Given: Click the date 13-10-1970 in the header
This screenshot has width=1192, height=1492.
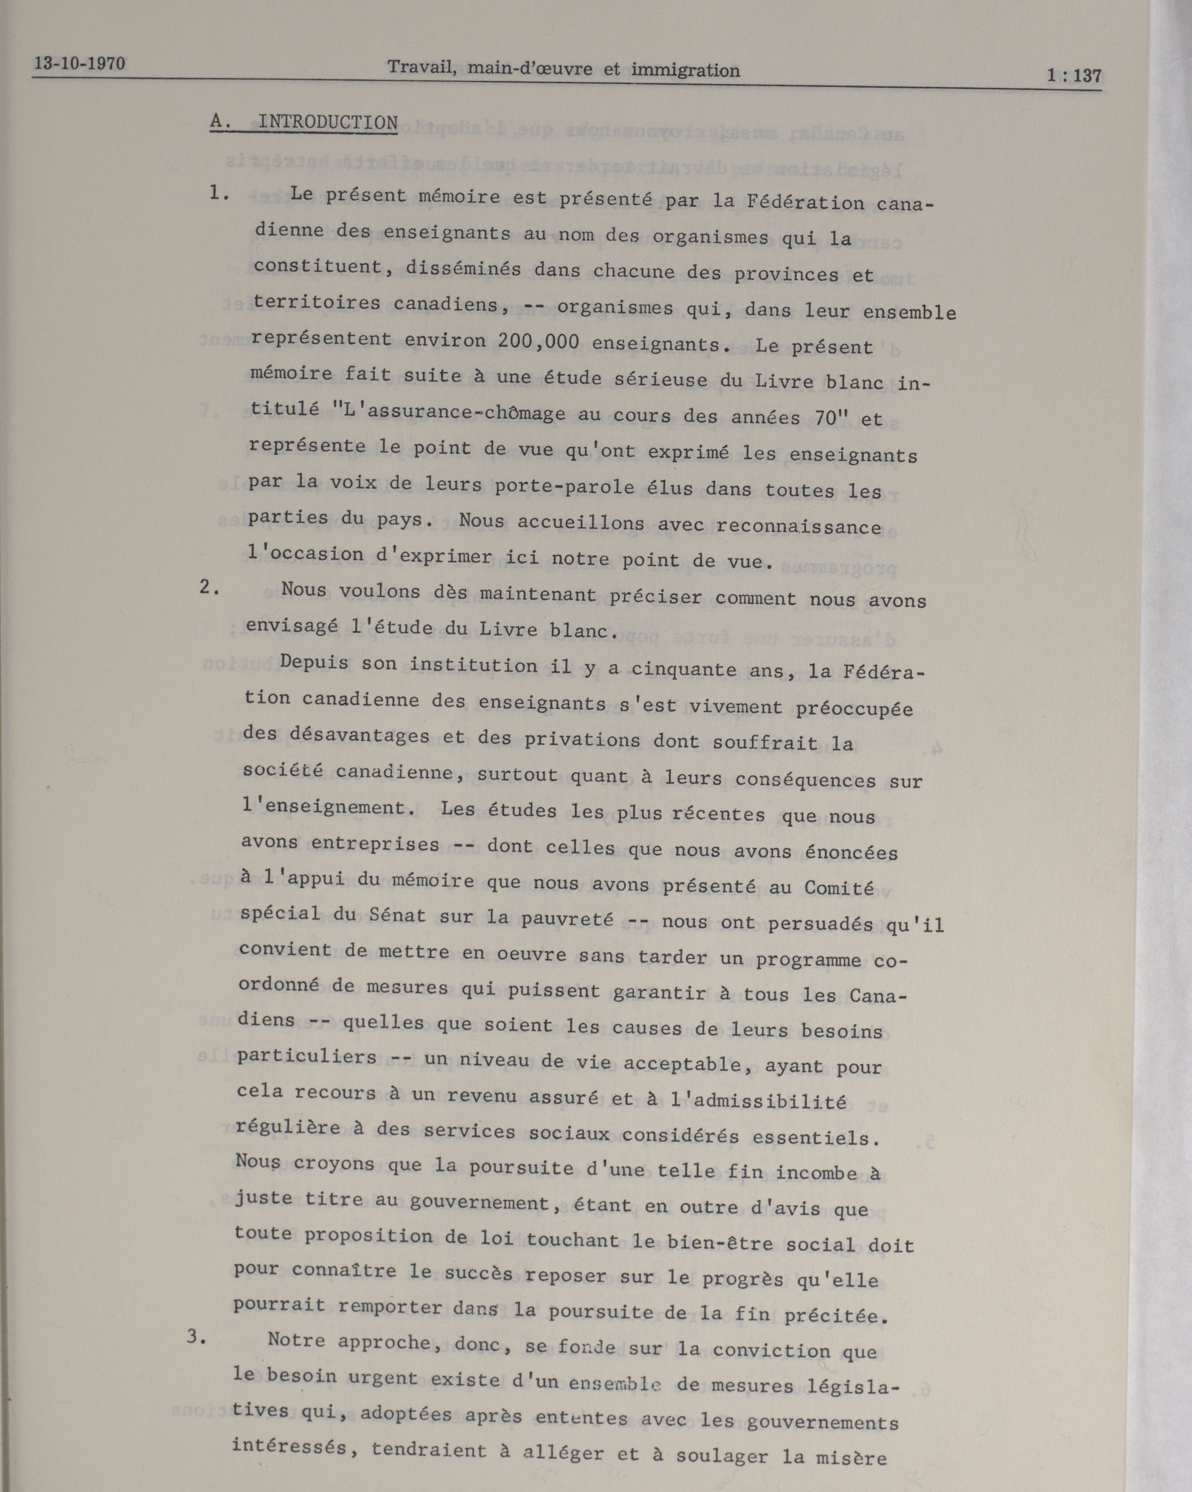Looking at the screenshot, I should [80, 65].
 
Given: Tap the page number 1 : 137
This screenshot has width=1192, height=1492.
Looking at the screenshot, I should [1073, 76].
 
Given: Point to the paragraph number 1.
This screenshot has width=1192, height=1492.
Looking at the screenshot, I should [219, 193].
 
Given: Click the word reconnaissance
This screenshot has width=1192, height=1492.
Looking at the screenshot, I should [798, 527].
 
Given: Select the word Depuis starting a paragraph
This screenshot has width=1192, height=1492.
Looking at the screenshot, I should [314, 662].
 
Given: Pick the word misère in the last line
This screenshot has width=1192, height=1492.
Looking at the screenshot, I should [852, 1458].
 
